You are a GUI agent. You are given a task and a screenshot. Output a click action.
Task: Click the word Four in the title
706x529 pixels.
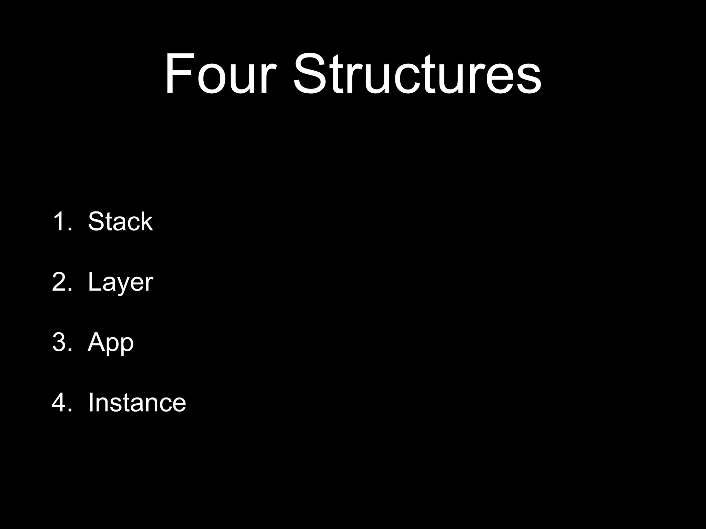[221, 74]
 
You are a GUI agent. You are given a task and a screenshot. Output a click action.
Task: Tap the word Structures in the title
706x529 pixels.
[417, 74]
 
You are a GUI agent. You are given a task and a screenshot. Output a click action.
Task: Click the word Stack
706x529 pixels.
[120, 221]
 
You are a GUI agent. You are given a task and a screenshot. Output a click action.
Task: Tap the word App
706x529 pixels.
[110, 343]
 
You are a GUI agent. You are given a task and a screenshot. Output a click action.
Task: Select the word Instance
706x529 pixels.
[137, 403]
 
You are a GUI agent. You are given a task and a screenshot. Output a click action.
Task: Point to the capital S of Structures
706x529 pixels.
[310, 74]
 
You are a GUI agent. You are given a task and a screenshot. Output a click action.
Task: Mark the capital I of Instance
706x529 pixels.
[91, 403]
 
